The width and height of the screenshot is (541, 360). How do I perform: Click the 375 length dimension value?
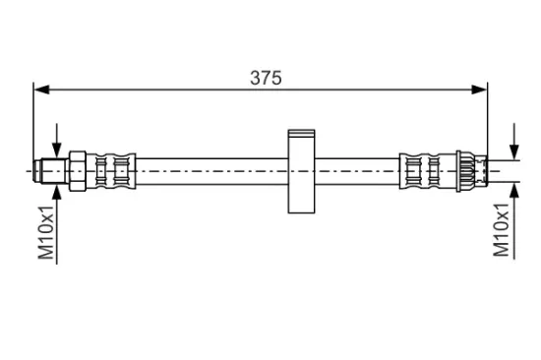pyautogui.click(x=266, y=78)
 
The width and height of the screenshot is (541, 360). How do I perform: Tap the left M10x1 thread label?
pyautogui.click(x=46, y=232)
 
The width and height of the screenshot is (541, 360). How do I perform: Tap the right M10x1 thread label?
pyautogui.click(x=501, y=229)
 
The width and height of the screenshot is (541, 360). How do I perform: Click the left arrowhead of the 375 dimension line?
pyautogui.click(x=41, y=90)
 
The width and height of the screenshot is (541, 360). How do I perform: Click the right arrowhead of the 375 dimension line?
pyautogui.click(x=479, y=90)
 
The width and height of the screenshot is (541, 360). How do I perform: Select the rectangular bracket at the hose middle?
pyautogui.click(x=301, y=171)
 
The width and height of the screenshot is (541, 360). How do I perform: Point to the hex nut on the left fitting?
pyautogui.click(x=78, y=171)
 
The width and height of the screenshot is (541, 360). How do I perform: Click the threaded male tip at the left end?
pyautogui.click(x=51, y=171)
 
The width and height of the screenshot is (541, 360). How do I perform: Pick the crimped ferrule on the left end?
pyautogui.click(x=111, y=171)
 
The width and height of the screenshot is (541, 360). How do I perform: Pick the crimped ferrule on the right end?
pyautogui.click(x=428, y=171)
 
